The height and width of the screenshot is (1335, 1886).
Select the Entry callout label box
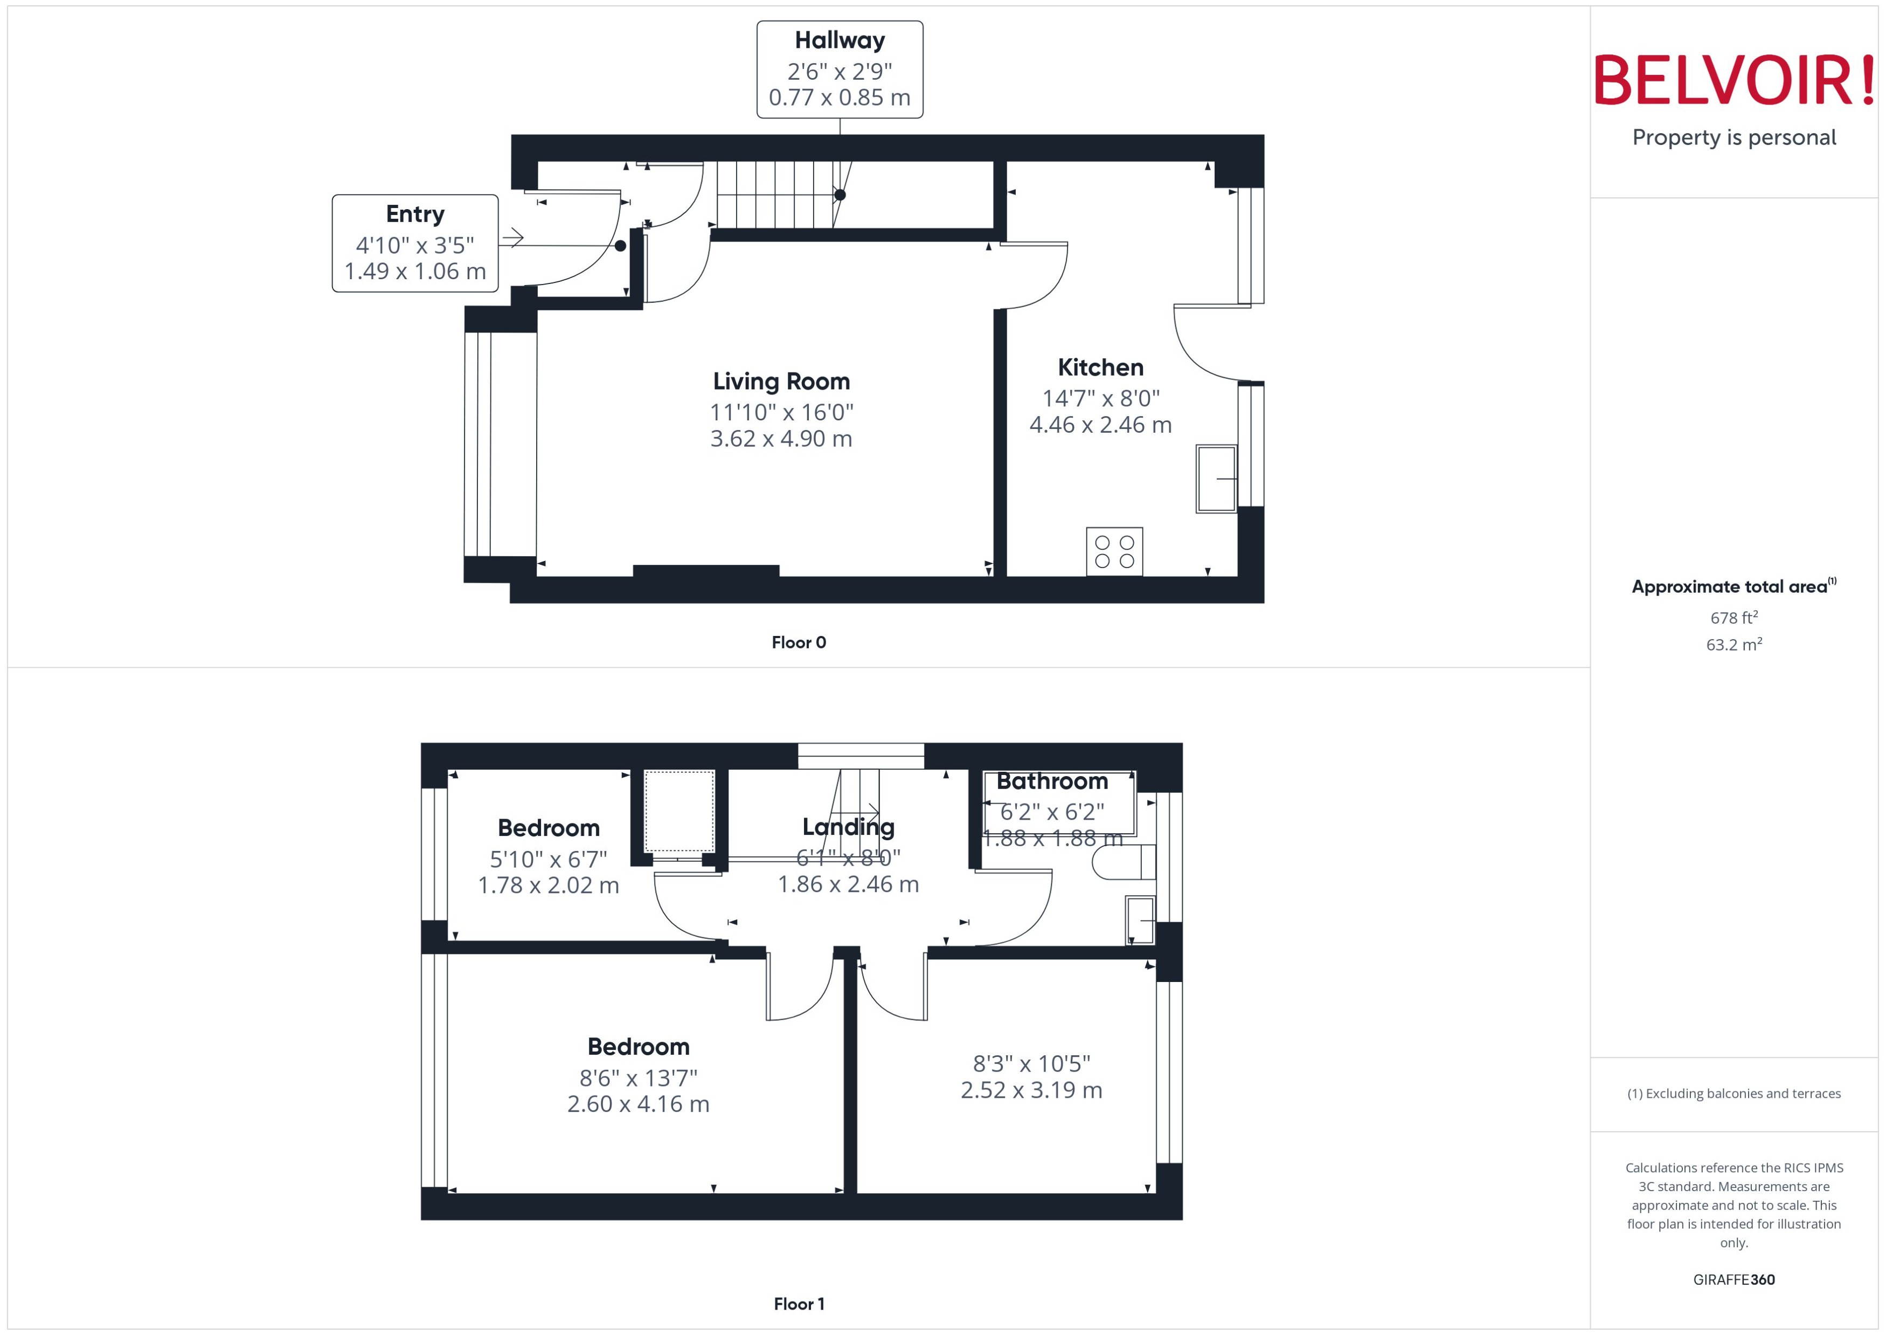point(415,243)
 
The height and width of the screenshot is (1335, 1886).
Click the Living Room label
point(781,382)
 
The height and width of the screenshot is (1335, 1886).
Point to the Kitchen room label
point(1100,368)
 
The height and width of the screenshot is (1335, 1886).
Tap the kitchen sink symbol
point(1216,479)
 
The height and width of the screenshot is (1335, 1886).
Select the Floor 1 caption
point(799,1304)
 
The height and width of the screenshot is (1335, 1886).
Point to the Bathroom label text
point(1052,781)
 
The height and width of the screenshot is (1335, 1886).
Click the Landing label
point(848,827)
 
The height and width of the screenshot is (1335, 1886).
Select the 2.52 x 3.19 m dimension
point(1031,1090)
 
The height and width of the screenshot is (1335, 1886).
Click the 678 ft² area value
point(1734,617)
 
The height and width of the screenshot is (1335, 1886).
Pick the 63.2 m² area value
point(1734,645)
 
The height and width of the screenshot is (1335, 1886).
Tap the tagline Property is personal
point(1734,137)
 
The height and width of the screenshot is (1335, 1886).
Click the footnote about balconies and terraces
point(1734,1094)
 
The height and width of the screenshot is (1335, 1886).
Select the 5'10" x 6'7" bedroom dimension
point(548,859)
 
